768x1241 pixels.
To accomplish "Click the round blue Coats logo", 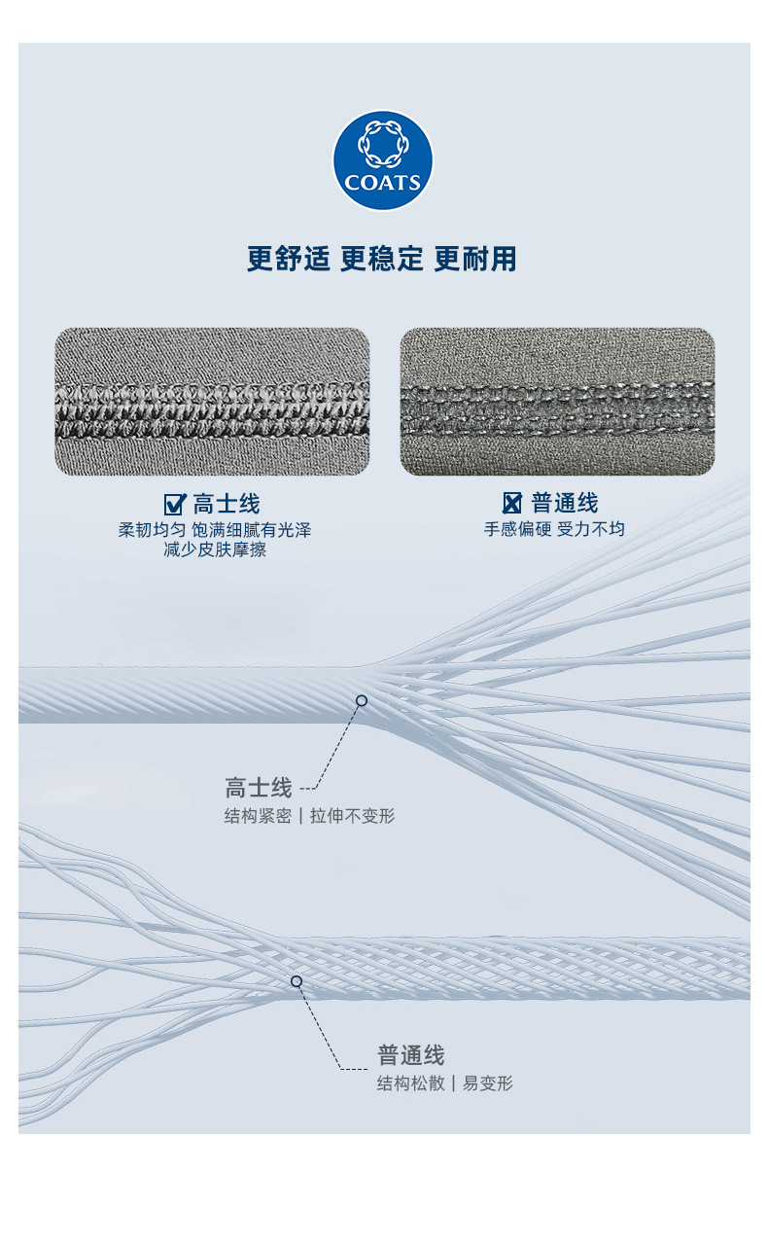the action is pyautogui.click(x=383, y=160).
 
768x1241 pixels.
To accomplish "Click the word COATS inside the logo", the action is pyautogui.click(x=383, y=183).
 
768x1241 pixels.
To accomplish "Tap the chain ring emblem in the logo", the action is pyautogui.click(x=383, y=144).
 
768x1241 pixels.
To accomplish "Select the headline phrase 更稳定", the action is pyautogui.click(x=382, y=259).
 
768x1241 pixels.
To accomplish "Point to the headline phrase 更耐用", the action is pyautogui.click(x=475, y=259).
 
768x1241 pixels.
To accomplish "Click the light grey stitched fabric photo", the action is pyautogui.click(x=212, y=402).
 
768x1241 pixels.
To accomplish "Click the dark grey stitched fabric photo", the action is pyautogui.click(x=557, y=402).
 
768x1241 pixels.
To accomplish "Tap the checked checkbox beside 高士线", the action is pyautogui.click(x=175, y=504).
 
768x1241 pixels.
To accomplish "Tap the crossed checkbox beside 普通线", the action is pyautogui.click(x=512, y=504).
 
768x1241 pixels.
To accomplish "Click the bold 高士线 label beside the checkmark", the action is pyautogui.click(x=227, y=504).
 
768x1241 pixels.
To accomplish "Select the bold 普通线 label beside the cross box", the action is pyautogui.click(x=565, y=504).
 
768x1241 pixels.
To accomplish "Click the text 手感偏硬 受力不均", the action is pyautogui.click(x=554, y=530).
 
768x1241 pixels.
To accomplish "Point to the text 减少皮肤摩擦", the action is pyautogui.click(x=215, y=550).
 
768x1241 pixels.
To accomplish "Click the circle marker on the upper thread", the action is pyautogui.click(x=362, y=700).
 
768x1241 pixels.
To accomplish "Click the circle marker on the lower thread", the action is pyautogui.click(x=297, y=981).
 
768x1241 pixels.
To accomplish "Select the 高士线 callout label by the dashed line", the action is pyautogui.click(x=259, y=787).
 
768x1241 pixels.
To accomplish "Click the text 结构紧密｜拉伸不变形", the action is pyautogui.click(x=309, y=816).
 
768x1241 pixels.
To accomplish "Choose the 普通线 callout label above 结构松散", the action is pyautogui.click(x=411, y=1055).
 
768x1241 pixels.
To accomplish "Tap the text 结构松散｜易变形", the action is pyautogui.click(x=444, y=1083).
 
